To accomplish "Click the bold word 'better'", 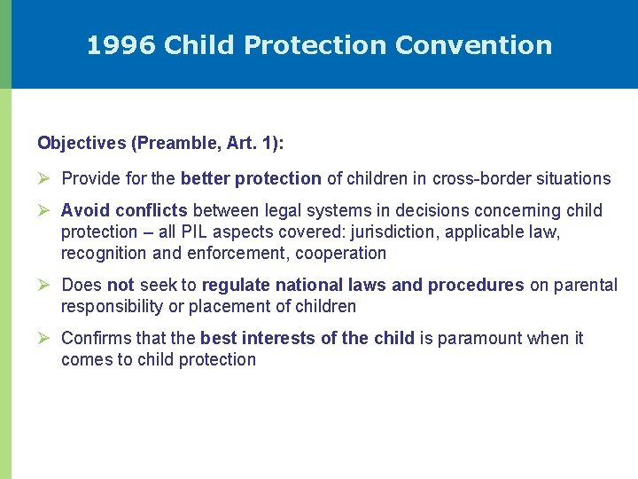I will coord(204,178).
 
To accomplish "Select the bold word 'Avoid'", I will coord(82,210).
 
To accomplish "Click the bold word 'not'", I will coord(120,285).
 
